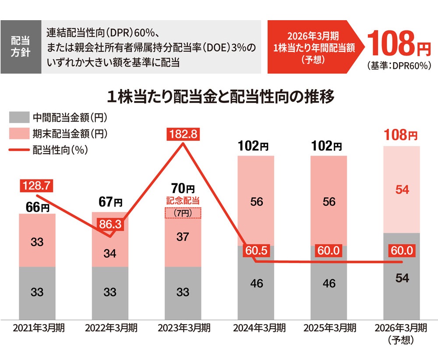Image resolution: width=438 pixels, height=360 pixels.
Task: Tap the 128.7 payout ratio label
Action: point(37,186)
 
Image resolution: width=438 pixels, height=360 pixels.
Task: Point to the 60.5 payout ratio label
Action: point(256,252)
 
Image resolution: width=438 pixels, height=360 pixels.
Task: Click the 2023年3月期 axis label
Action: point(183,328)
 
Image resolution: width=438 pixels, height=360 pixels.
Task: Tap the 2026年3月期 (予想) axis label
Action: point(402,333)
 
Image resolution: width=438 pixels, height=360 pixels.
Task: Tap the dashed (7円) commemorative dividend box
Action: point(183,213)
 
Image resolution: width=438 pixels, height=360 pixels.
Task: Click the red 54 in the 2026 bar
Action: point(402,189)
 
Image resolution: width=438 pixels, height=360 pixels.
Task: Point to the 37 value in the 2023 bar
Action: point(183,237)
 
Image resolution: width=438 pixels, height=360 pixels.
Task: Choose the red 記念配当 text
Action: point(183,201)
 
